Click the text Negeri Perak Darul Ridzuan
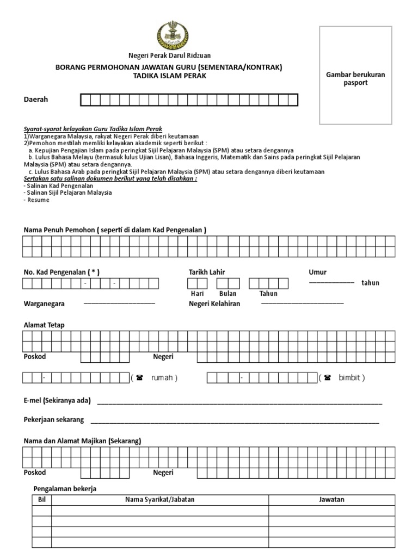pyautogui.click(x=169, y=55)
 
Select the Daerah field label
pyautogui.click(x=36, y=100)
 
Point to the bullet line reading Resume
pyautogui.click(x=37, y=200)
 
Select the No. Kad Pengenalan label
pyautogui.click(x=61, y=272)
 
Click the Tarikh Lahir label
pyautogui.click(x=207, y=272)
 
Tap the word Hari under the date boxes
pyautogui.click(x=196, y=293)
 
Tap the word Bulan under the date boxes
pyautogui.click(x=228, y=293)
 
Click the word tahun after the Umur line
pyautogui.click(x=371, y=283)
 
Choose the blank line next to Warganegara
pyautogui.click(x=119, y=303)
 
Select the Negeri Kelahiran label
pyautogui.click(x=214, y=304)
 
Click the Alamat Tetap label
pyautogui.click(x=44, y=325)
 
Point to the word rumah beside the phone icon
pyautogui.click(x=164, y=377)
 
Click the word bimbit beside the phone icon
pyautogui.click(x=351, y=377)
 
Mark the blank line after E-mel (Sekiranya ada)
pyautogui.click(x=239, y=403)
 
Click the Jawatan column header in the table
pyautogui.click(x=331, y=499)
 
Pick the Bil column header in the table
pyautogui.click(x=42, y=499)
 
